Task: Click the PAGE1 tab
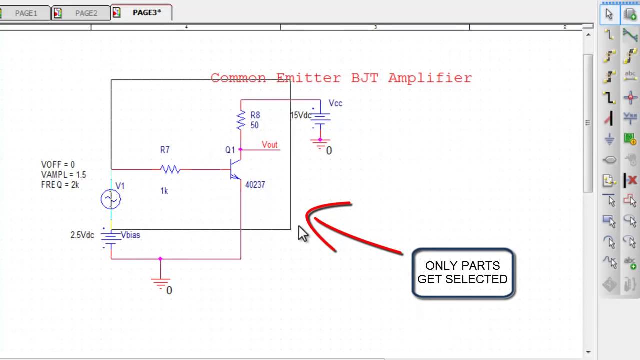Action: (x=26, y=13)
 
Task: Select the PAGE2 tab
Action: (x=86, y=13)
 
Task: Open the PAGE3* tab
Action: (x=146, y=13)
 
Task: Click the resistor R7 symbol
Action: (x=170, y=170)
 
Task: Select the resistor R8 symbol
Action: (x=241, y=120)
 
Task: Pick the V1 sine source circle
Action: (x=110, y=200)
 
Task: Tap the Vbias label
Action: (x=130, y=235)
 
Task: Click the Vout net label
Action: (x=269, y=145)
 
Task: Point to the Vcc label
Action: (x=335, y=103)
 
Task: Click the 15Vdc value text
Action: (x=301, y=115)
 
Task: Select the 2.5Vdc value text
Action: (x=82, y=235)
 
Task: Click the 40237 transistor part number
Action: (x=255, y=185)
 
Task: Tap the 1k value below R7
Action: (x=164, y=191)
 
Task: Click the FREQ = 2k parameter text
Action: (x=60, y=185)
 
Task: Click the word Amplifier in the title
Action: (x=430, y=78)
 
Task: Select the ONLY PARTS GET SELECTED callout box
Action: (x=463, y=273)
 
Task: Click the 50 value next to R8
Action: (x=254, y=125)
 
